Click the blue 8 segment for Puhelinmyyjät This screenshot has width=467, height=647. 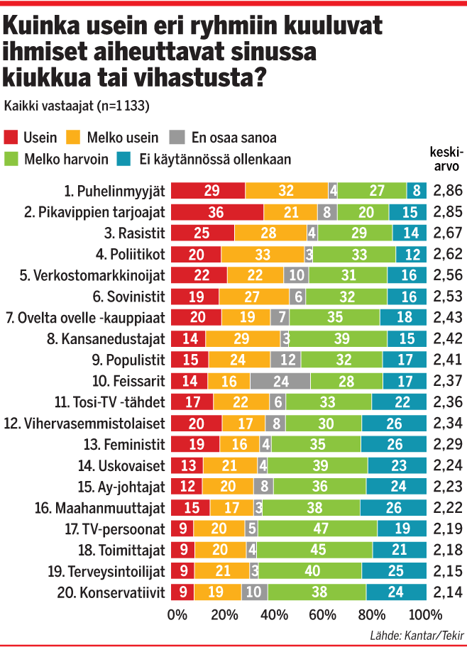417,189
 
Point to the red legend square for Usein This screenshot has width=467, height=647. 12,138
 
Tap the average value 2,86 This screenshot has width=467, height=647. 448,190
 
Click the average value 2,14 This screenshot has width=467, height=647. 448,593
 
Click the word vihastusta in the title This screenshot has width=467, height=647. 192,76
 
